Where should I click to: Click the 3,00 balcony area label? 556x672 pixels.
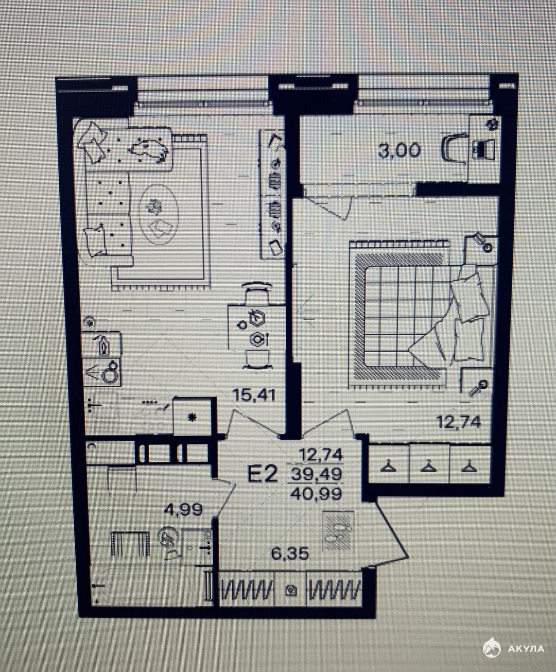[x=399, y=150]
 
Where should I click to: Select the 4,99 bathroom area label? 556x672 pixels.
[x=183, y=509]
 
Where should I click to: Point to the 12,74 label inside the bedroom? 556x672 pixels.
[x=458, y=422]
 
